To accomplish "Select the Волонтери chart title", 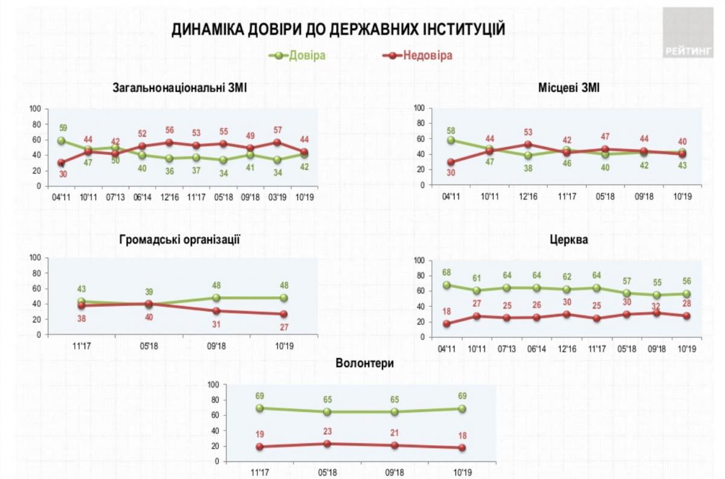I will (x=365, y=363).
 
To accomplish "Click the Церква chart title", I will (x=570, y=239).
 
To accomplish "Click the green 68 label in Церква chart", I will (x=446, y=273).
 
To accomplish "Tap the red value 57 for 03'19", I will (x=277, y=130).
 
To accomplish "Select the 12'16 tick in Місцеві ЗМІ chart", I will (x=529, y=197).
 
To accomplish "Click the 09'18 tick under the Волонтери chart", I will (x=395, y=472).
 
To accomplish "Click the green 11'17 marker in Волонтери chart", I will (x=260, y=408).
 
